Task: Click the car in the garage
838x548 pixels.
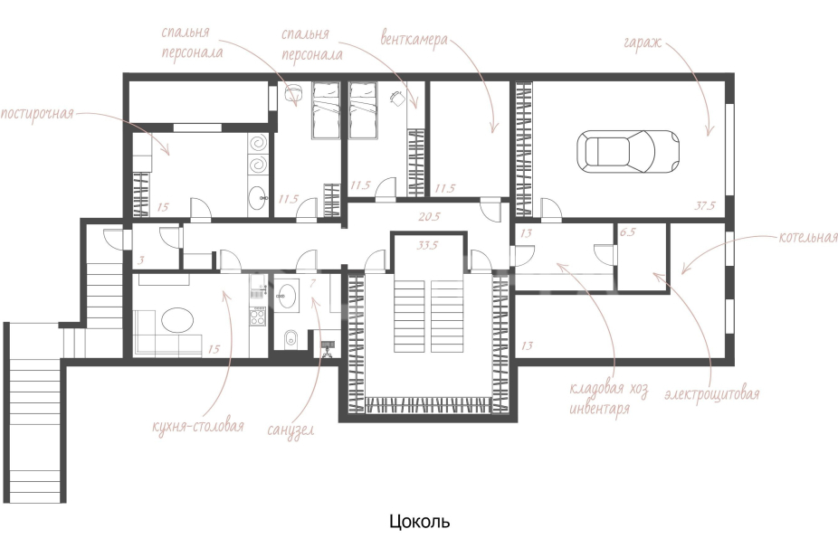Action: point(628,151)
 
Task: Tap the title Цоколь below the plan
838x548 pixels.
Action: point(420,521)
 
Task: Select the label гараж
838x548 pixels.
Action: point(643,43)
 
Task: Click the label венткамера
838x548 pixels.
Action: point(414,39)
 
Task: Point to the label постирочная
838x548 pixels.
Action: point(37,114)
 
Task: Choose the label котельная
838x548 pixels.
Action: point(808,237)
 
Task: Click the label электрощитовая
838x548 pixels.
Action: point(712,394)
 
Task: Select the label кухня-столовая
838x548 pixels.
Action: point(198,426)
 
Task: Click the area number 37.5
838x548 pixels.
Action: point(705,205)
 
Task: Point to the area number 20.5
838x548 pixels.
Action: point(429,216)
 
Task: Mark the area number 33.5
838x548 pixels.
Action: point(427,245)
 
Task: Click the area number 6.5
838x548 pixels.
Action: point(627,232)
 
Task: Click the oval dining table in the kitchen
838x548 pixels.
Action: point(177,321)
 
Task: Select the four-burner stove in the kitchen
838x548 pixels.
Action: point(258,317)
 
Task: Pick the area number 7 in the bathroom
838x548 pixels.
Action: point(312,282)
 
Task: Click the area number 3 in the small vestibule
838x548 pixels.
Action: point(141,260)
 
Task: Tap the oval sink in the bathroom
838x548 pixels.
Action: point(289,295)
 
